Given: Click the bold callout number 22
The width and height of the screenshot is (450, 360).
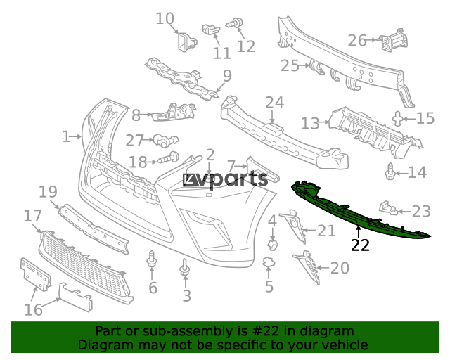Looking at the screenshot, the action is point(360,245).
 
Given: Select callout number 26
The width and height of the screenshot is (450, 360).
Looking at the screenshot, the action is point(357,41).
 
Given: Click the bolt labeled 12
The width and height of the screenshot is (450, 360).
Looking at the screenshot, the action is point(235,23).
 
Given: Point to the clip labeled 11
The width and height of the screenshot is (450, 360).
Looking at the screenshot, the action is point(211,30).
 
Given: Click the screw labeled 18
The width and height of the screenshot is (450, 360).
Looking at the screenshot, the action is point(169,158).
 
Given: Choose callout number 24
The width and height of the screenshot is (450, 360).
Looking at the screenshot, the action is point(275,103).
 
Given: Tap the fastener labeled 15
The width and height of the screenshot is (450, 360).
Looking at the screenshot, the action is point(397,119).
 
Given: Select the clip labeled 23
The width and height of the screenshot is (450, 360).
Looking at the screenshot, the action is point(389,207).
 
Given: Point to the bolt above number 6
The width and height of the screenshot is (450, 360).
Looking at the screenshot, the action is point(152,260).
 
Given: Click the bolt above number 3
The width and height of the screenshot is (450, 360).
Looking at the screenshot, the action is point(185,267).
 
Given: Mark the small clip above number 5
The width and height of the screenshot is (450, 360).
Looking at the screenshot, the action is point(269,262).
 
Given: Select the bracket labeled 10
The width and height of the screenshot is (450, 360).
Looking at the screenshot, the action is point(186,42).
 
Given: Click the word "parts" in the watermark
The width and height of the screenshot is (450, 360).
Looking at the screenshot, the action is point(242,180).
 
